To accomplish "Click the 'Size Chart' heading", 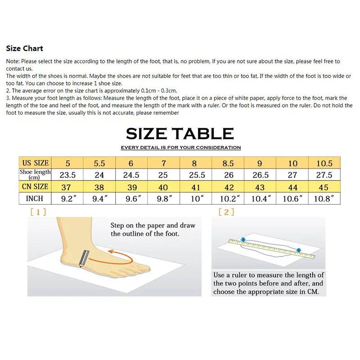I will [25, 48].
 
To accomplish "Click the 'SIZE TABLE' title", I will [180, 133].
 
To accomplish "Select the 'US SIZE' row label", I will [35, 163].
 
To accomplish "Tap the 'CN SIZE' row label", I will [35, 186].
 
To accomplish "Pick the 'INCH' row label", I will [35, 198].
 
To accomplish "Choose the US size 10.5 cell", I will [324, 163].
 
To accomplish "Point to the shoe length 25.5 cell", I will [194, 175].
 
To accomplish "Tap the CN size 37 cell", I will [67, 186].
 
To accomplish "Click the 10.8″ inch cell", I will [324, 198].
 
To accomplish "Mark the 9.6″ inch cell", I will [131, 198].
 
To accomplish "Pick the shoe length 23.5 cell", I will [67, 175].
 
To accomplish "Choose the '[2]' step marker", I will [226, 212].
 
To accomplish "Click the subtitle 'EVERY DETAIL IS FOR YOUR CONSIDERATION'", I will [180, 148].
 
